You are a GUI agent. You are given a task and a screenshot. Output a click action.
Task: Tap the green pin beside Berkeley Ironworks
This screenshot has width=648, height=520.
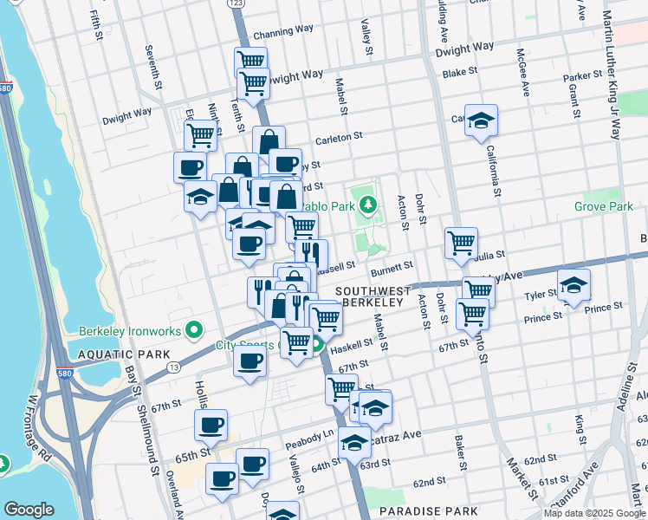pyautogui.click(x=196, y=329)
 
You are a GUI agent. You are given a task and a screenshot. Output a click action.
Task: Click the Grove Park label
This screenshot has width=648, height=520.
pyautogui.click(x=603, y=207)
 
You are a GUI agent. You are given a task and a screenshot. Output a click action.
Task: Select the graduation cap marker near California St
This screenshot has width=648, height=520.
pyautogui.click(x=483, y=120)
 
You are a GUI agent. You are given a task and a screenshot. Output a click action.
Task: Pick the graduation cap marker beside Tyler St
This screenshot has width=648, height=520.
pyautogui.click(x=573, y=284)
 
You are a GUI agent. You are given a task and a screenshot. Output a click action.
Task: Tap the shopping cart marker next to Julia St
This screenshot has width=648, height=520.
pyautogui.click(x=461, y=242)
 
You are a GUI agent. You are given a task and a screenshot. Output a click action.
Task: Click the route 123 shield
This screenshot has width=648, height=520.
pyautogui.click(x=237, y=4)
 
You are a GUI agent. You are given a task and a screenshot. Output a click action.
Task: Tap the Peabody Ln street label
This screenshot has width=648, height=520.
pyautogui.click(x=309, y=434)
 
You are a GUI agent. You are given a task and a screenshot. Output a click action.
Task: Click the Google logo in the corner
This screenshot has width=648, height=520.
pyautogui.click(x=29, y=510)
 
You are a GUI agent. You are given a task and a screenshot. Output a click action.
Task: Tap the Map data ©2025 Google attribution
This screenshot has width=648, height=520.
pyautogui.click(x=593, y=513)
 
